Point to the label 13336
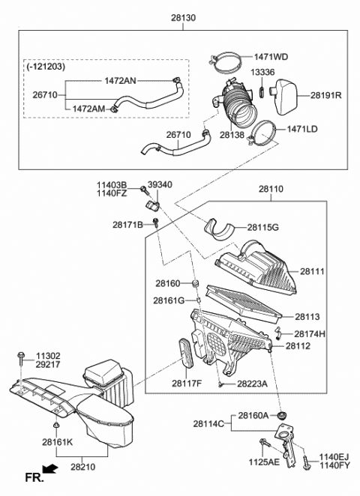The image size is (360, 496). pos(261,73)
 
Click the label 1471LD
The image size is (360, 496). pos(301,130)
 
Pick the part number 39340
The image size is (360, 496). pos(158,184)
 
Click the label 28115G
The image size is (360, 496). pos(262,226)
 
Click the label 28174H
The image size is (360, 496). pos(310,333)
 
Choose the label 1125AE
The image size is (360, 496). pos(265,463)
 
